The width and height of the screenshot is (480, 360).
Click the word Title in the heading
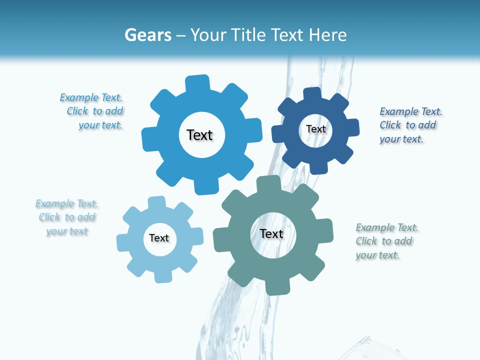click(x=248, y=35)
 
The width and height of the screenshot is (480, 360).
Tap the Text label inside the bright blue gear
click(x=199, y=135)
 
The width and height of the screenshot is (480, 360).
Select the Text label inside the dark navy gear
click(x=315, y=129)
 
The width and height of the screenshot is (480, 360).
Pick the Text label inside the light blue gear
click(x=159, y=238)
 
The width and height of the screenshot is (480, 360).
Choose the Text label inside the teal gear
click(x=271, y=234)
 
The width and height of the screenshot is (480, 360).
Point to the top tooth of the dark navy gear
click(x=312, y=94)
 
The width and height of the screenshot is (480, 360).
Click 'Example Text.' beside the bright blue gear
click(x=91, y=97)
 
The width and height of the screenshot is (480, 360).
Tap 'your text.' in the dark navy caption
click(x=401, y=139)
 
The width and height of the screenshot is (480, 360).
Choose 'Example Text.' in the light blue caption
click(x=66, y=203)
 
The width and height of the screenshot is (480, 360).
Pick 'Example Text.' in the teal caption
click(x=387, y=227)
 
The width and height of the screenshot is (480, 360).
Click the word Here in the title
click(x=328, y=35)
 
